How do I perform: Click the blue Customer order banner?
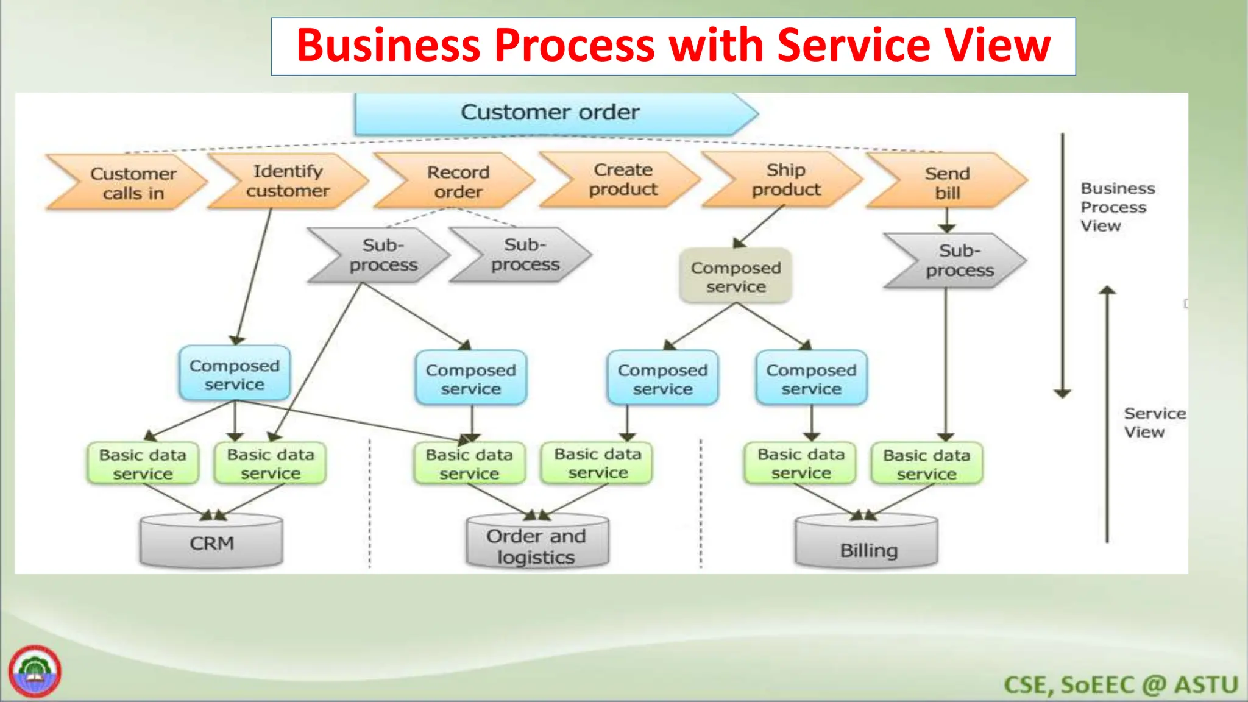coord(550,113)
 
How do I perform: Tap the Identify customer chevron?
coord(288,181)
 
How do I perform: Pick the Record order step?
coord(457,182)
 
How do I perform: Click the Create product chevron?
coord(623,180)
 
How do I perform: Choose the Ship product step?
coord(786,180)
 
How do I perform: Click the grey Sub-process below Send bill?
coord(959,261)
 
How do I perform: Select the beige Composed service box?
coord(736,277)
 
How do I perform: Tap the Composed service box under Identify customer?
coord(234,374)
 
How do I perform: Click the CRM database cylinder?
coord(211,542)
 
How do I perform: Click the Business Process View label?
coord(1116,207)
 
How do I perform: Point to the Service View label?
coord(1153,422)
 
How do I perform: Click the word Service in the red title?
coord(853,46)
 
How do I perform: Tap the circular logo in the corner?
coord(35,672)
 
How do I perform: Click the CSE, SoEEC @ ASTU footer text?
coord(1120,685)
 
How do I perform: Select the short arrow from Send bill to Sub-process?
coord(946,221)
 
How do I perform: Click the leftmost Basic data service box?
coord(143,464)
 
